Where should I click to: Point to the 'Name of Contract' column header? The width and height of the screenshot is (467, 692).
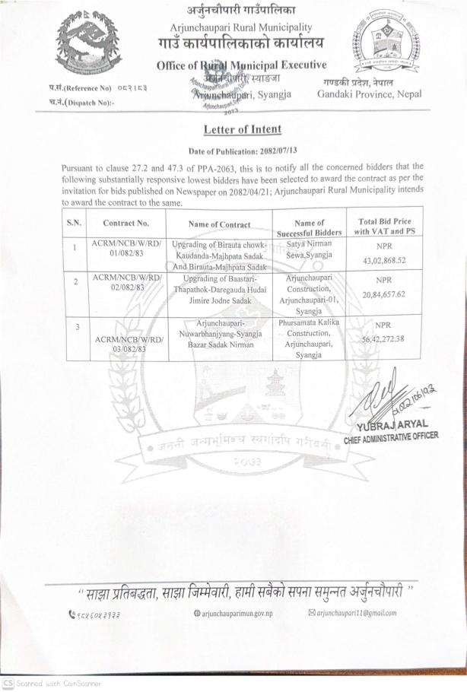219,224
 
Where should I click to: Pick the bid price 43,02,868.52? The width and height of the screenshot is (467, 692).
384,261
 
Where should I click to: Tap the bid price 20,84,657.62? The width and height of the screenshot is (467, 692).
384,294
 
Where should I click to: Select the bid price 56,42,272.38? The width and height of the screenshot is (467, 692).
384,339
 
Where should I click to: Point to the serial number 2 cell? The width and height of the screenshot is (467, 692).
75,281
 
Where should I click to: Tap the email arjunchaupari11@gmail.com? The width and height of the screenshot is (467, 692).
352,613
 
